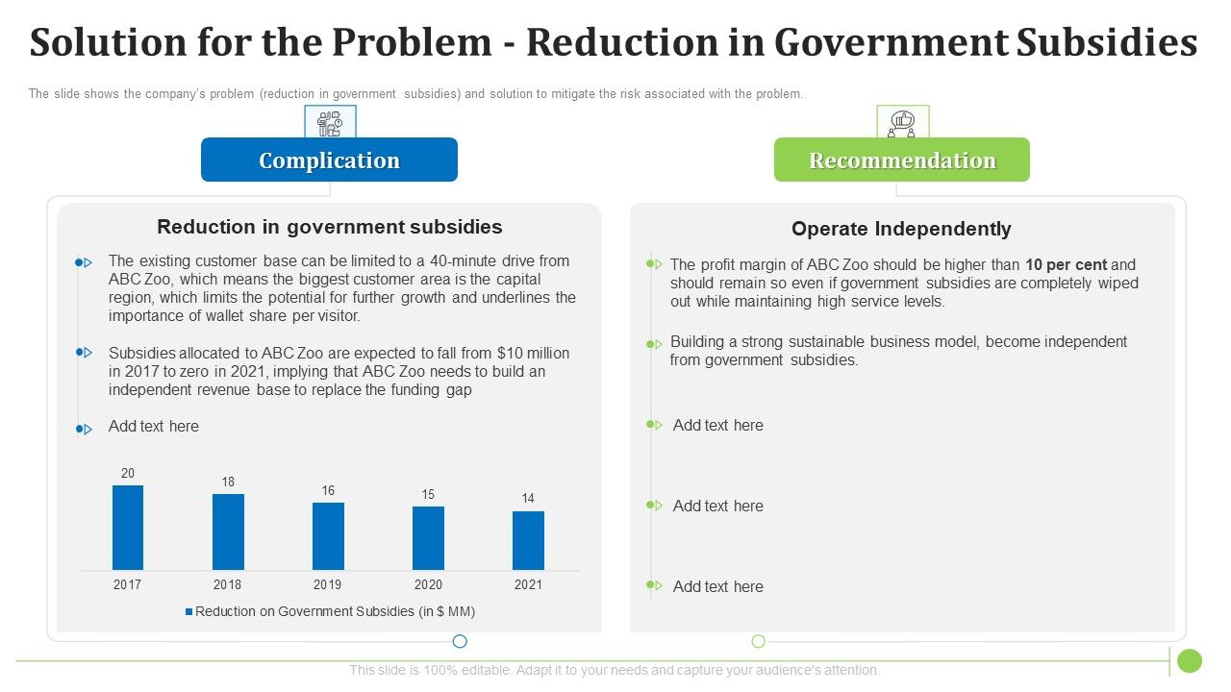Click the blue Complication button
click(329, 160)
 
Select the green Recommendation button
click(901, 160)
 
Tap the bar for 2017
click(128, 528)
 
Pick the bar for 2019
click(328, 536)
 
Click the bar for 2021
click(528, 540)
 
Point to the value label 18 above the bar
click(228, 482)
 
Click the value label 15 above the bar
click(428, 494)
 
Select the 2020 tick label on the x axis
click(428, 584)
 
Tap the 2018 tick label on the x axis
click(228, 584)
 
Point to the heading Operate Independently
click(901, 229)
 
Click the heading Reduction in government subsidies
click(329, 227)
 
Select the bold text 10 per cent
click(1066, 264)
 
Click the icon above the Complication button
click(330, 122)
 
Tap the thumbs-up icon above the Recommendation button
click(902, 122)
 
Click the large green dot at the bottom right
click(1190, 660)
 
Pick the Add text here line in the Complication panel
click(154, 426)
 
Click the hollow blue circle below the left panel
click(460, 641)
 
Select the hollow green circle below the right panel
click(758, 641)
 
